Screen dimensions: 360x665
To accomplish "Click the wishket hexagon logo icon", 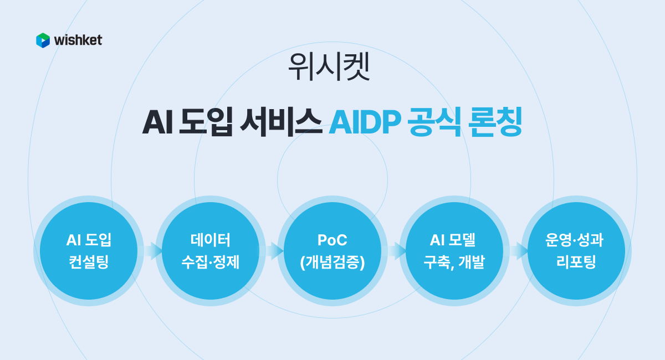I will click(x=43, y=40).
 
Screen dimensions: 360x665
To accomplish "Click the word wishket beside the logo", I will click(x=78, y=40).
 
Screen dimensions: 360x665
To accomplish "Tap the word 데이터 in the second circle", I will click(x=211, y=240).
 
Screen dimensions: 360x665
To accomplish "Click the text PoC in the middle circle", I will click(x=332, y=240).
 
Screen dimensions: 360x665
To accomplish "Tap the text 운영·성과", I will click(x=576, y=240).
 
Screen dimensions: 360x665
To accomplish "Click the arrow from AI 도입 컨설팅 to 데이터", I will click(x=151, y=251).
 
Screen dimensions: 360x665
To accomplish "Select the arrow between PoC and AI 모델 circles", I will click(x=395, y=251).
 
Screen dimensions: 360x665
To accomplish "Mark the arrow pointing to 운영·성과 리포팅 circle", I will click(x=518, y=251).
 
